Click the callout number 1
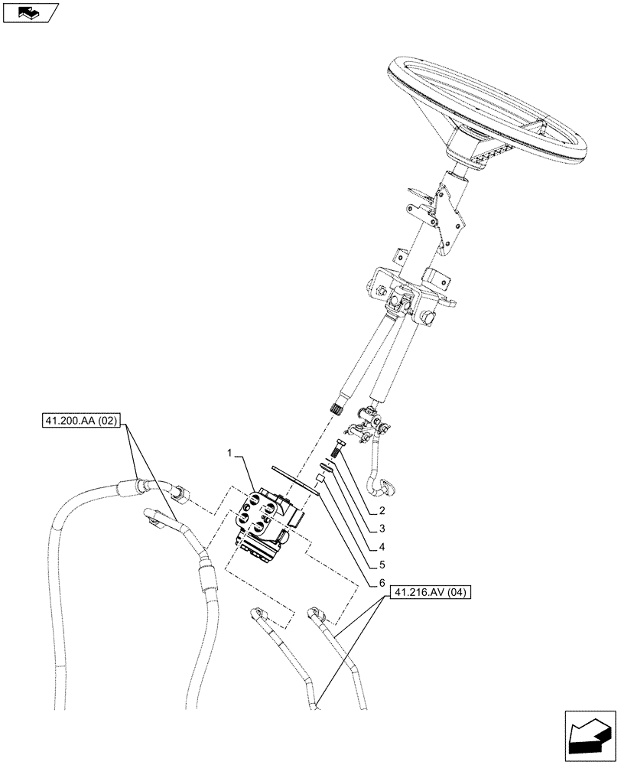[230, 454]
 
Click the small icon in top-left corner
[31, 13]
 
